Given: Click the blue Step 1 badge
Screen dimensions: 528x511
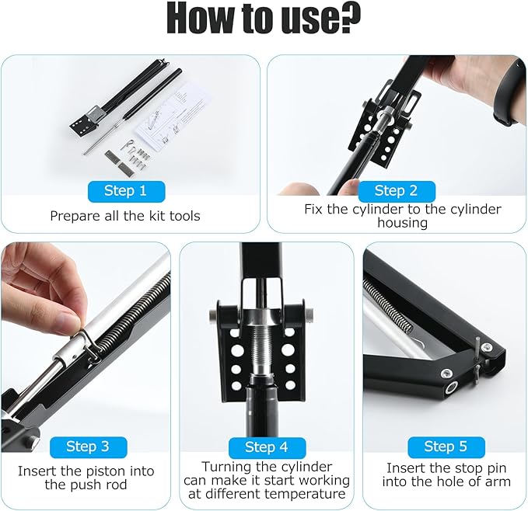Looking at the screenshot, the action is [x=126, y=191].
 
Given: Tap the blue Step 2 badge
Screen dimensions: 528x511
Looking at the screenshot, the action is [x=397, y=191].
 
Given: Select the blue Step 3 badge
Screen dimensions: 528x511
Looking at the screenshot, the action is [x=88, y=447].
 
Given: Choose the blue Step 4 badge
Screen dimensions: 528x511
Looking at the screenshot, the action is [x=267, y=447].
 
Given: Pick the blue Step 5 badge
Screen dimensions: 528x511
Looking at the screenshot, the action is [x=446, y=447].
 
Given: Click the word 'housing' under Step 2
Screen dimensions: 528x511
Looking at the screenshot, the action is [x=402, y=223].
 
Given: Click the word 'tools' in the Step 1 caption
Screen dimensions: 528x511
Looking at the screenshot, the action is [x=184, y=216].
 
